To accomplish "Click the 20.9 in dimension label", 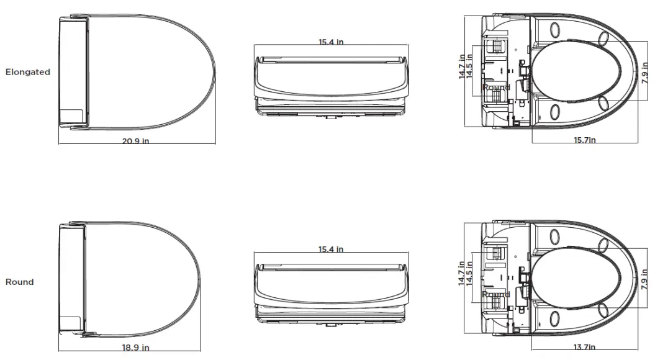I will [135, 141].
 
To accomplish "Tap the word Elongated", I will [28, 72].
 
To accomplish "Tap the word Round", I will [20, 282].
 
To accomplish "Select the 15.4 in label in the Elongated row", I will [331, 42].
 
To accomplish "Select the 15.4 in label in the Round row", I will [331, 249].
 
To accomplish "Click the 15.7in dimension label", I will [585, 140].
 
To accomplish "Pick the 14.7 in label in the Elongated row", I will [463, 66].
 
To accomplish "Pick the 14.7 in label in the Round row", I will [463, 273].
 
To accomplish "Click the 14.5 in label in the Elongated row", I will [470, 66].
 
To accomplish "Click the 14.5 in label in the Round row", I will [470, 273].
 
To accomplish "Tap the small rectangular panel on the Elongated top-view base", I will [73, 115].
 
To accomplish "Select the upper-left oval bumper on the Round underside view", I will [554, 236].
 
